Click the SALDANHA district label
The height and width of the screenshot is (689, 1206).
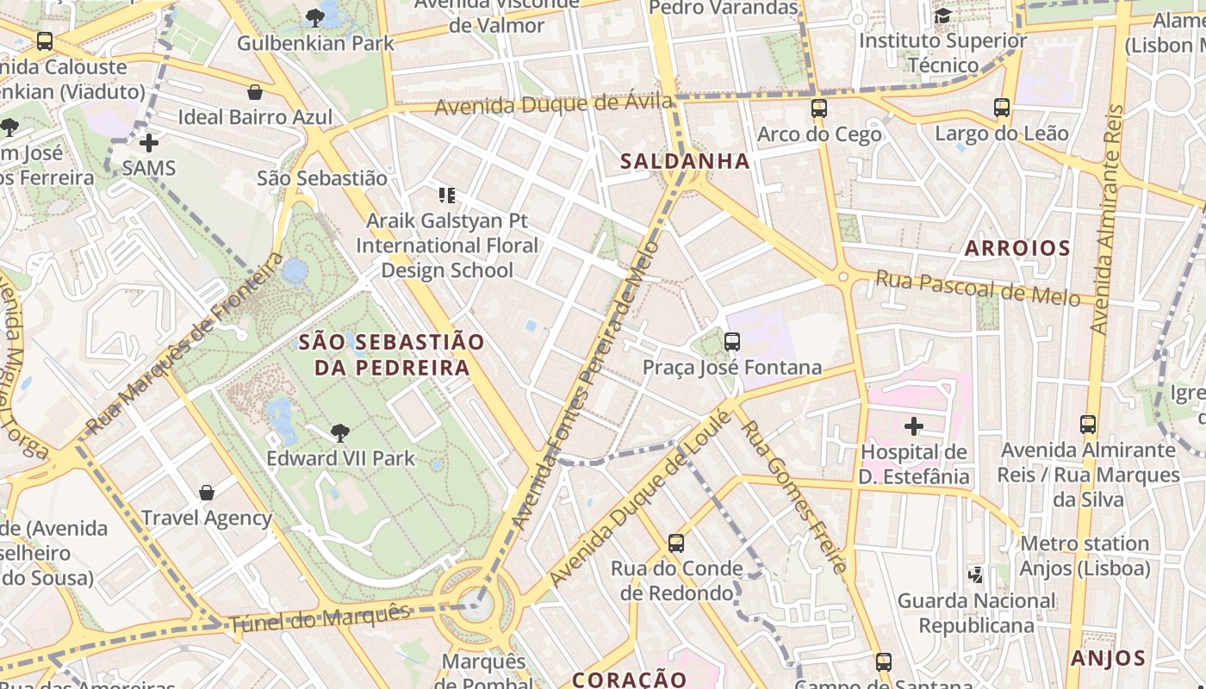tap(685, 161)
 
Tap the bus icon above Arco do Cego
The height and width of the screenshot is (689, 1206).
tap(818, 109)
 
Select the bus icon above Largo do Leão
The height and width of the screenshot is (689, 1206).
tap(1001, 108)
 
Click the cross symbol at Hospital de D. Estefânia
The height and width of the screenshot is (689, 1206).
tap(913, 425)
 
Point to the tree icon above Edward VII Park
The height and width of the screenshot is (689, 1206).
tap(340, 432)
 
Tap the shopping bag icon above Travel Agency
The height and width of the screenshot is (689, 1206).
tap(207, 493)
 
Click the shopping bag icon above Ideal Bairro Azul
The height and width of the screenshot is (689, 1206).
tap(255, 92)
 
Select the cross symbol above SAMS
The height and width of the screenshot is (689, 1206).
tap(149, 142)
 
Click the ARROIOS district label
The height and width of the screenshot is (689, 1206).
tap(1016, 249)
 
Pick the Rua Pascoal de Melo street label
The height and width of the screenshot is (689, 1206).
tap(977, 288)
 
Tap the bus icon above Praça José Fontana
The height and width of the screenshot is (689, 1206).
tap(732, 342)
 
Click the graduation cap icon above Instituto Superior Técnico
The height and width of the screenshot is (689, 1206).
tap(942, 16)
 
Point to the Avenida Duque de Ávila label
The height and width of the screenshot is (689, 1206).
tap(553, 105)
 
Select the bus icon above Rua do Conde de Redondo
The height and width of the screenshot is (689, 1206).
tap(676, 543)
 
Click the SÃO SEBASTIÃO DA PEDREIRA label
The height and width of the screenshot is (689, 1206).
tap(392, 355)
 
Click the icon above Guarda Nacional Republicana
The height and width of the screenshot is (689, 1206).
tap(976, 574)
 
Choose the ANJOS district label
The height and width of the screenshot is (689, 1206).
tap(1107, 659)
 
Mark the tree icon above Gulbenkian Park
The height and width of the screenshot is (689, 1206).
tap(315, 16)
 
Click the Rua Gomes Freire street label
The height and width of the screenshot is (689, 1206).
tap(794, 497)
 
